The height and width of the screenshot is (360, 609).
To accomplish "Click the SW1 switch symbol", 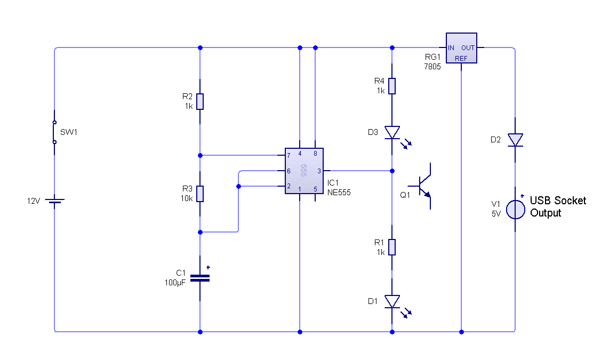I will click(x=54, y=132).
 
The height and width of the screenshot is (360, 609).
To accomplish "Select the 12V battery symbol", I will click(x=54, y=201).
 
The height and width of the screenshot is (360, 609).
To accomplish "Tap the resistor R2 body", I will click(x=200, y=101).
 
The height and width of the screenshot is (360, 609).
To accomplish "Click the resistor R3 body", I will click(x=200, y=194).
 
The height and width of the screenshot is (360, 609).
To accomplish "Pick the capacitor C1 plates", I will click(x=200, y=278).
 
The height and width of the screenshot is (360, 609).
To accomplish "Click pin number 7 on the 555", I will click(x=289, y=156).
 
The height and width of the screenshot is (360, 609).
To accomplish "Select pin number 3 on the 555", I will click(x=319, y=171).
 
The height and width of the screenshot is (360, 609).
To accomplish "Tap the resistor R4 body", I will click(x=392, y=86).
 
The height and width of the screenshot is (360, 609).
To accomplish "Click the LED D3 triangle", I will click(x=392, y=132).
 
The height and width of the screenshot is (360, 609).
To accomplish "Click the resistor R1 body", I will click(x=392, y=247).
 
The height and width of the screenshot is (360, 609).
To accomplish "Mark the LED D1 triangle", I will click(x=392, y=301).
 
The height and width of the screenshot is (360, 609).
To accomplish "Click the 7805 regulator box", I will click(x=461, y=48).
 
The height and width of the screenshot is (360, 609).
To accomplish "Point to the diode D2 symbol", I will click(x=515, y=140).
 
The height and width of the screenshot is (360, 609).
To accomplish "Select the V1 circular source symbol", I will click(x=515, y=209).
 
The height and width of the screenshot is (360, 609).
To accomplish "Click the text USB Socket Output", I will click(x=557, y=207).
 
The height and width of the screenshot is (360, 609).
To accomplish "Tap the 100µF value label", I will click(x=175, y=282).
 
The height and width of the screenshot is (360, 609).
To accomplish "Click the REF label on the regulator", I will click(x=461, y=58).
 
